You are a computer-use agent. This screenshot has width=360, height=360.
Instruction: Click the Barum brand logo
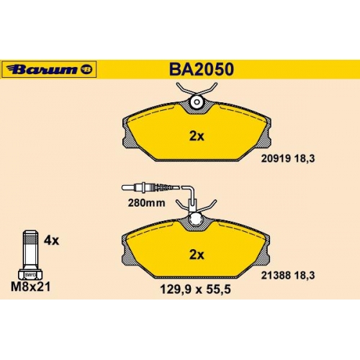(x=49, y=69)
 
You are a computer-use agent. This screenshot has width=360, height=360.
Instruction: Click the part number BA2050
(x=202, y=69)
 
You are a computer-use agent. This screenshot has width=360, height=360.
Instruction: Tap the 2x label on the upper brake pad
(x=197, y=136)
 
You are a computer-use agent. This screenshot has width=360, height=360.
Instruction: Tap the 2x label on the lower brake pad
(x=197, y=255)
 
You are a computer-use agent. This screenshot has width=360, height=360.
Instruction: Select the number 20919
(x=276, y=158)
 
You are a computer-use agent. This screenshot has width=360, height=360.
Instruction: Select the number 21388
(x=276, y=275)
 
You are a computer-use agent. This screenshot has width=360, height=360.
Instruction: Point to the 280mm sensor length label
(x=146, y=203)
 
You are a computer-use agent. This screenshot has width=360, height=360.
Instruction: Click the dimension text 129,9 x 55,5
(x=195, y=289)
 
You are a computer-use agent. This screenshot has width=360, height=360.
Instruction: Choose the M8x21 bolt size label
(x=31, y=287)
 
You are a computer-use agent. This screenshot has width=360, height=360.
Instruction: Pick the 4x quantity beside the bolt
(x=51, y=240)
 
